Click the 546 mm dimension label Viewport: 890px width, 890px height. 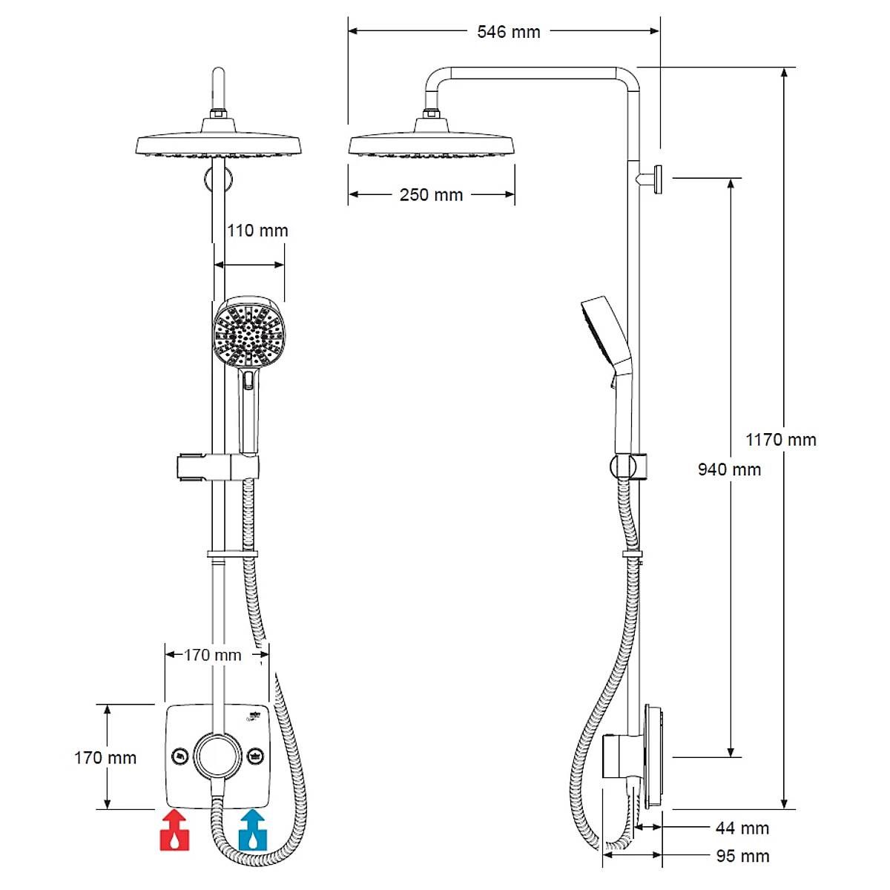click(x=508, y=32)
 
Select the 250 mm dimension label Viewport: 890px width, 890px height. click(x=431, y=195)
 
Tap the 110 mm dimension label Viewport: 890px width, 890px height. click(x=257, y=231)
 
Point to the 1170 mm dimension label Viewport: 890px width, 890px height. click(x=780, y=440)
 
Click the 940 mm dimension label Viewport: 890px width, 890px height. click(x=729, y=469)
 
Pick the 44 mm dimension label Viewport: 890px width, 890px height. click(x=742, y=828)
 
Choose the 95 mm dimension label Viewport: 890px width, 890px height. click(x=742, y=856)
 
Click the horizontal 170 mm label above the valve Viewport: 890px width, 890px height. click(x=213, y=655)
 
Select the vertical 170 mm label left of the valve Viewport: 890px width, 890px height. click(x=105, y=758)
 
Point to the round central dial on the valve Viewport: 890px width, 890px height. click(x=217, y=756)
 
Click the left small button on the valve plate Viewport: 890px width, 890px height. click(x=179, y=756)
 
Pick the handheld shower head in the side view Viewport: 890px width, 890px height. click(x=605, y=334)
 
